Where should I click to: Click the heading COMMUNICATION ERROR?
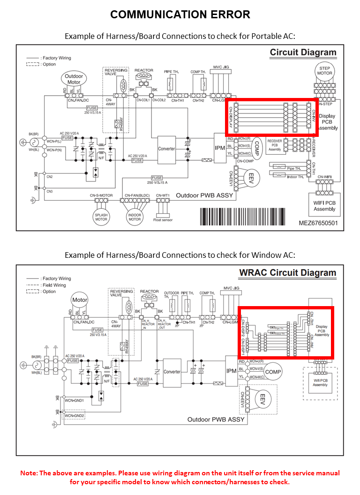tap(180, 15)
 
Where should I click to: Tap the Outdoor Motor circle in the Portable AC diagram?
tap(74, 79)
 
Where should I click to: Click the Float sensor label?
tap(164, 219)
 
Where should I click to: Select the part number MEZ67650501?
tap(318, 223)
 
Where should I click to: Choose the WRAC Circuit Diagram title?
tap(287, 273)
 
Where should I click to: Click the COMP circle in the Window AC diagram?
tap(273, 372)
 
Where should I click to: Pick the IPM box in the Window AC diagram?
tap(232, 371)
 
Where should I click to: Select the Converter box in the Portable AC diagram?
tap(166, 149)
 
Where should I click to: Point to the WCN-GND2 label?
tap(74, 416)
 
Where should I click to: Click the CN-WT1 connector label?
tap(163, 195)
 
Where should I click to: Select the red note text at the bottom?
tap(180, 477)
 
